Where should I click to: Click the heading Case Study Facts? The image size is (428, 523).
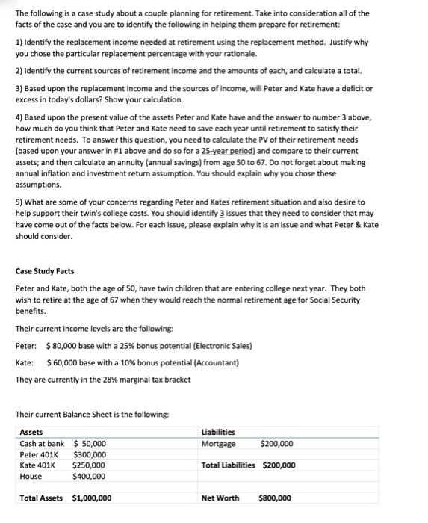point(45,270)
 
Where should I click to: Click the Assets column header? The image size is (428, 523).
point(31,432)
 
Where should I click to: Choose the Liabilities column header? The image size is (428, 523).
point(218,432)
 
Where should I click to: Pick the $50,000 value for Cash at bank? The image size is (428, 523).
point(89,443)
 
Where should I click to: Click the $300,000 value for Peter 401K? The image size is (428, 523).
point(89,454)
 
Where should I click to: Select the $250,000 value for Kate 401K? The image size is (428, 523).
point(89,465)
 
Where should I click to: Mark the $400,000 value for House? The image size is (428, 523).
point(89,476)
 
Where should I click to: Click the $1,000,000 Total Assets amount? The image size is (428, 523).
point(92,498)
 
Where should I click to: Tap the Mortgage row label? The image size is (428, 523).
point(219,443)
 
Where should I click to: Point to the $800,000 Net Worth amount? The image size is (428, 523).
point(276,498)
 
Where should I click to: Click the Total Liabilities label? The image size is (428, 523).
point(230,465)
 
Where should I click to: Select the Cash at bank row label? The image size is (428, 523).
point(42,443)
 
